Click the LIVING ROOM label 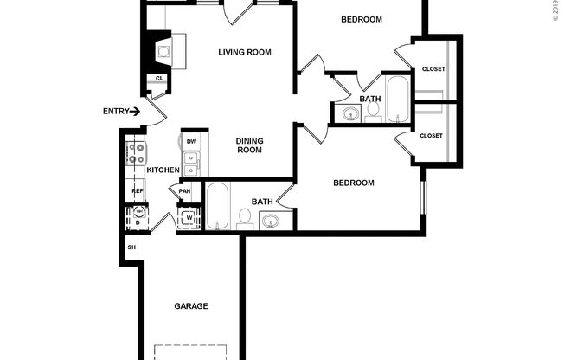[x=244, y=52]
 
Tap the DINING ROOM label [x=249, y=145]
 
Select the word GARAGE [x=191, y=305]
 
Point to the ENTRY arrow [x=135, y=111]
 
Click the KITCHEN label [x=163, y=170]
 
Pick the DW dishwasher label [x=191, y=141]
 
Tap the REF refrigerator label [x=137, y=191]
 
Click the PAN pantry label [x=184, y=191]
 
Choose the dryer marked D [x=137, y=222]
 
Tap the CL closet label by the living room [x=159, y=79]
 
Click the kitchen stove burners [x=136, y=155]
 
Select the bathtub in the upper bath [x=398, y=100]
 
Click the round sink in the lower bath [x=271, y=222]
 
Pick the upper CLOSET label [x=433, y=69]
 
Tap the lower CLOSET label [x=431, y=136]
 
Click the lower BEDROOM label [x=354, y=183]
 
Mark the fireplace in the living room [x=162, y=50]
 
